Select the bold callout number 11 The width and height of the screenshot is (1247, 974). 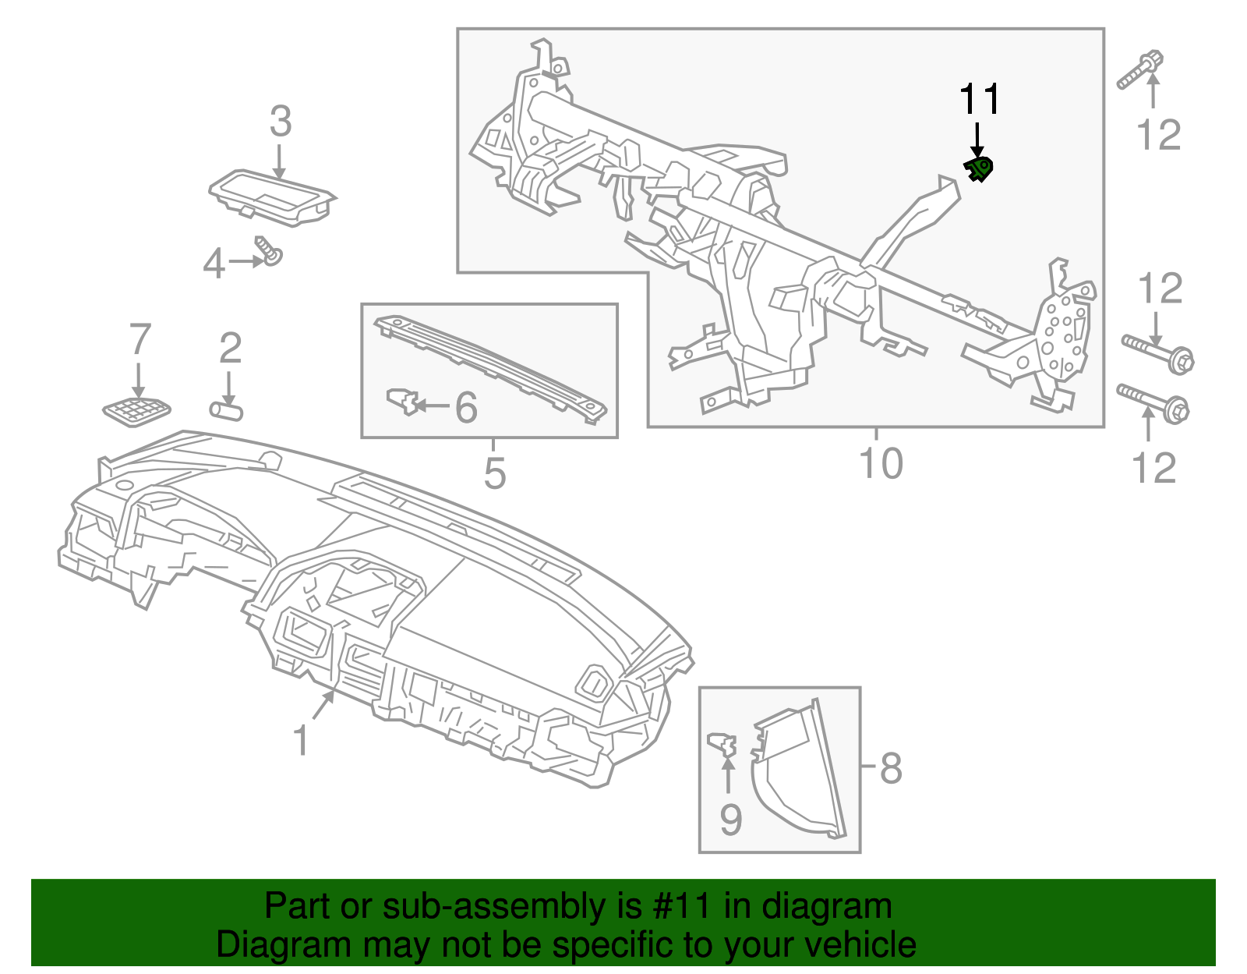click(x=979, y=100)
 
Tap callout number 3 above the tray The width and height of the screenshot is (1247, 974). click(x=281, y=122)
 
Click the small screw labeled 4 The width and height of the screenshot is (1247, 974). click(x=270, y=251)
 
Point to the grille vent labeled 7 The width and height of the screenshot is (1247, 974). click(x=137, y=411)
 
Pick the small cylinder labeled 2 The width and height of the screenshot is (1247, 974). click(x=227, y=410)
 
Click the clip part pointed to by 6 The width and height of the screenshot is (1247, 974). click(x=402, y=401)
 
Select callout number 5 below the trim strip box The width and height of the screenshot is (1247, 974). click(x=495, y=473)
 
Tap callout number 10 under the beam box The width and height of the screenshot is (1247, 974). click(x=881, y=463)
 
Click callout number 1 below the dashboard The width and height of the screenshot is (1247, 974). click(x=301, y=740)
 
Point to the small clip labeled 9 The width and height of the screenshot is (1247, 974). click(x=723, y=744)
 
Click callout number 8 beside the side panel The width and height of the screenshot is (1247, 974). click(x=891, y=768)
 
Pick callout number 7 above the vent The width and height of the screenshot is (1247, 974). click(x=140, y=340)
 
